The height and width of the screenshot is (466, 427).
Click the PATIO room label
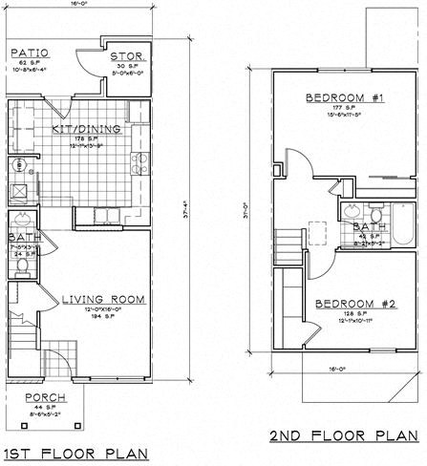[x=30, y=53]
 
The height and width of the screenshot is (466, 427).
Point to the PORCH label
[x=46, y=398]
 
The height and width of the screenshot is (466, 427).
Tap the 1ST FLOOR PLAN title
[x=77, y=452]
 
